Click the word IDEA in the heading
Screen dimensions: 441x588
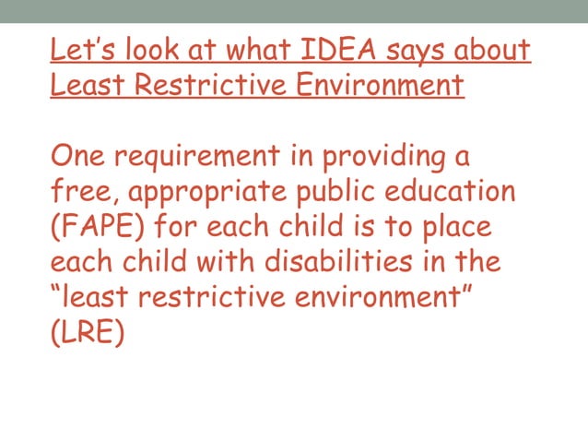(x=332, y=48)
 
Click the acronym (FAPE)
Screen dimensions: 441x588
(x=98, y=228)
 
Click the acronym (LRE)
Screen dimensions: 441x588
(x=87, y=331)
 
